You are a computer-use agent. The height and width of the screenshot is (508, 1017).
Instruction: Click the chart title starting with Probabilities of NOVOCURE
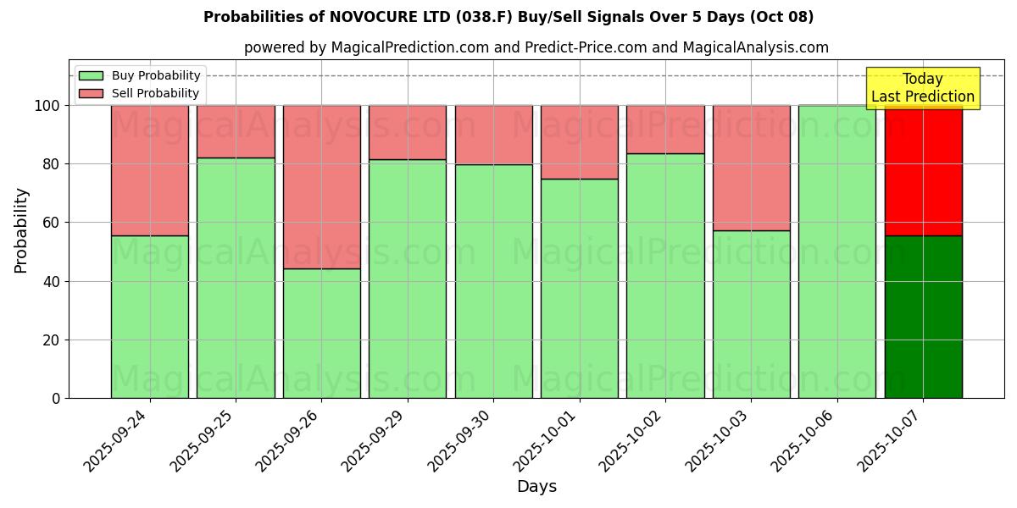[x=508, y=17]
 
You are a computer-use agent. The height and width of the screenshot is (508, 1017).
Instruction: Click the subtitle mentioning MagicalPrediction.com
[x=536, y=47]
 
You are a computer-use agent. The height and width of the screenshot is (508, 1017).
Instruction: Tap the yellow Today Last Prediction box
[x=922, y=88]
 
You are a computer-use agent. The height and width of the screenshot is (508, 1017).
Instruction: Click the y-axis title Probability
[x=21, y=230]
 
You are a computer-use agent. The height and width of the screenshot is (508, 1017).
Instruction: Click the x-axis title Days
[x=536, y=487]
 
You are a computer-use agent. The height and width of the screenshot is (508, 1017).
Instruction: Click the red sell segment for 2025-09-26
[x=322, y=186]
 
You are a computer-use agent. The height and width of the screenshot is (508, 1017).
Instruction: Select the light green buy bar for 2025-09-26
[x=322, y=334]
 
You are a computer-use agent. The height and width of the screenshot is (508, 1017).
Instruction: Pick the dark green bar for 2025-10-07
[x=923, y=317]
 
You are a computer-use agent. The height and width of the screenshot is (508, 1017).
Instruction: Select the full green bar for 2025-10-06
[x=837, y=251]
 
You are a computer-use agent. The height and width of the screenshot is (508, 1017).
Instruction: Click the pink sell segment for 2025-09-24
[x=150, y=170]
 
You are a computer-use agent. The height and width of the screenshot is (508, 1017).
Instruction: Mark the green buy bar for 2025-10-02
[x=665, y=276]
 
